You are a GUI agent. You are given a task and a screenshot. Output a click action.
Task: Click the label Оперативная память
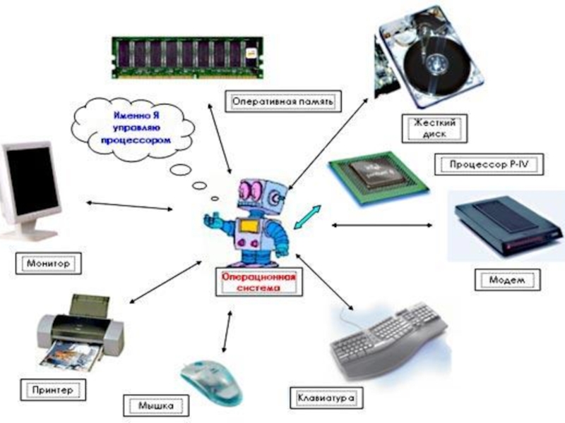[x=282, y=102]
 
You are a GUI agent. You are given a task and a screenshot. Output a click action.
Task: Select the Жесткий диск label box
[x=434, y=128]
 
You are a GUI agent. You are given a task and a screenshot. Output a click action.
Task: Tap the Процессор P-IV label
[x=489, y=164]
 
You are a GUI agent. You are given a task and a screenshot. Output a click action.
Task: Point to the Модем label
[x=507, y=280]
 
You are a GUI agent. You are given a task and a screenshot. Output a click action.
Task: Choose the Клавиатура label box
[x=326, y=398]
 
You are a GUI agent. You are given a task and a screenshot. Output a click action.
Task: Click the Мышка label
[x=156, y=406]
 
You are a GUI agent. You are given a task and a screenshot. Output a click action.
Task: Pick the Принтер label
[x=53, y=390]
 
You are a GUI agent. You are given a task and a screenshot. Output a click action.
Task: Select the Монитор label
[x=48, y=263]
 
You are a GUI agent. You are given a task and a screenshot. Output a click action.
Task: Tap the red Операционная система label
[x=258, y=282]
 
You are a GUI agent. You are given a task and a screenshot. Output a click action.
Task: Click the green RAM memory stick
[x=187, y=58]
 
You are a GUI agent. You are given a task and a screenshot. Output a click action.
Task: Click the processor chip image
[x=379, y=178]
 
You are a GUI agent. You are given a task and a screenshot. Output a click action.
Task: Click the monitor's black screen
[x=32, y=181]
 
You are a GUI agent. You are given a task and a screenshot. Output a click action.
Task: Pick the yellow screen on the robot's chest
[x=249, y=226]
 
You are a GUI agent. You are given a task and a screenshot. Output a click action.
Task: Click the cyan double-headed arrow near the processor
[x=307, y=217]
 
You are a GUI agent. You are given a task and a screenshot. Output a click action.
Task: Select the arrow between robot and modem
[x=381, y=225]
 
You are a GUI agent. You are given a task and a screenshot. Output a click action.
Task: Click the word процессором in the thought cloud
[x=136, y=140]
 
